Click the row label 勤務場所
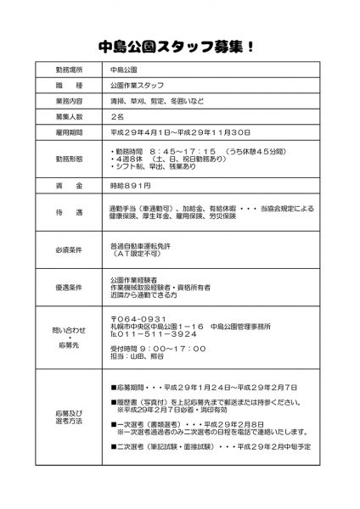coord(70,68)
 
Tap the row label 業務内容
coord(70,102)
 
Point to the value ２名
coord(118,117)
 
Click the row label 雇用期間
coord(70,133)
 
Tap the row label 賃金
coord(70,185)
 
